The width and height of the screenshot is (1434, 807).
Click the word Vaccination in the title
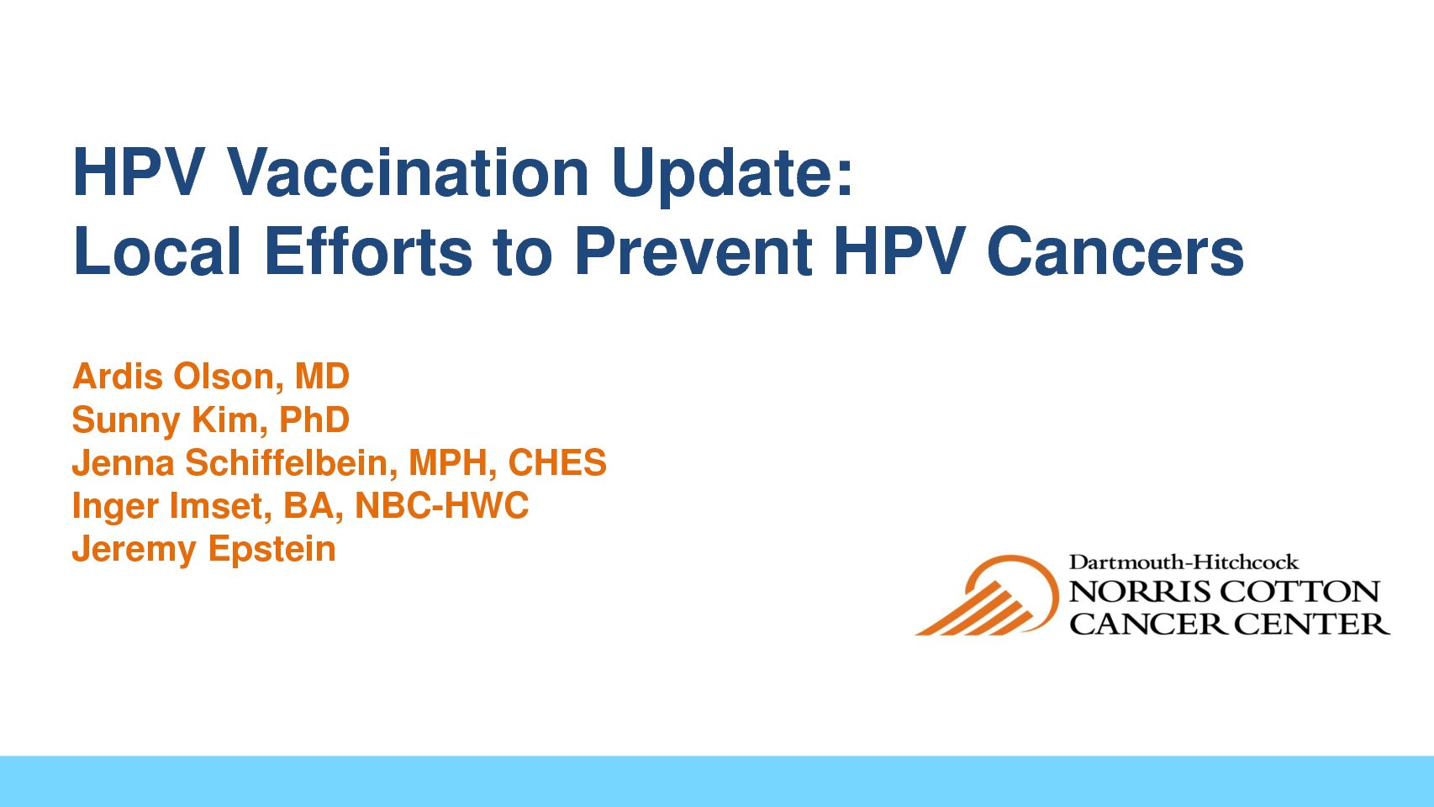click(x=408, y=171)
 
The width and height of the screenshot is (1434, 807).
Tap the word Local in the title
click(x=157, y=251)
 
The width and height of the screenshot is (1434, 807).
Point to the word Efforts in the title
click(x=368, y=251)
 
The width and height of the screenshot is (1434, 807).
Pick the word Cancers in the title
click(x=1115, y=251)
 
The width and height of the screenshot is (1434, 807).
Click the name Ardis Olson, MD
click(x=211, y=376)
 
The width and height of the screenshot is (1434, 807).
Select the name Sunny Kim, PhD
click(x=211, y=420)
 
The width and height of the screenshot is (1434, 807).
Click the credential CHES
click(x=557, y=462)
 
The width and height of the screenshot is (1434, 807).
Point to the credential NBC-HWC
click(x=442, y=505)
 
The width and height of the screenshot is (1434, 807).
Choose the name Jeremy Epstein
click(x=204, y=550)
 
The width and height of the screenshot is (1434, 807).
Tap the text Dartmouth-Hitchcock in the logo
click(x=1184, y=562)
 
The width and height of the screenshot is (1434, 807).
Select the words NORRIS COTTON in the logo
click(x=1224, y=592)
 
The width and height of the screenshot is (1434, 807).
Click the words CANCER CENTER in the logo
click(x=1229, y=624)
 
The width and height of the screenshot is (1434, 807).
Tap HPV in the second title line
click(x=899, y=251)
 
